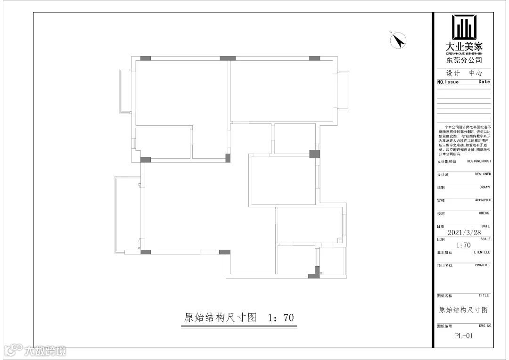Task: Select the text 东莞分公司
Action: point(464,60)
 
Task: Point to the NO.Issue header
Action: point(448,82)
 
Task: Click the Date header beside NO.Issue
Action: point(484,82)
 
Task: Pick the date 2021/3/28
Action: point(464,232)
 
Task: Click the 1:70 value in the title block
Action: point(464,245)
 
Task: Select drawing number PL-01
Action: point(464,336)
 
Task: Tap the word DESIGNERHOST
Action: point(479,161)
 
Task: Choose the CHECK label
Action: point(484,213)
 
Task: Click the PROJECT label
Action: point(482,265)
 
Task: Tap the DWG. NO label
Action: point(485,326)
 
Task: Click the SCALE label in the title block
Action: point(485,239)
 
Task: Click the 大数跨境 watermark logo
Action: point(35,351)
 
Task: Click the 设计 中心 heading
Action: point(464,74)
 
